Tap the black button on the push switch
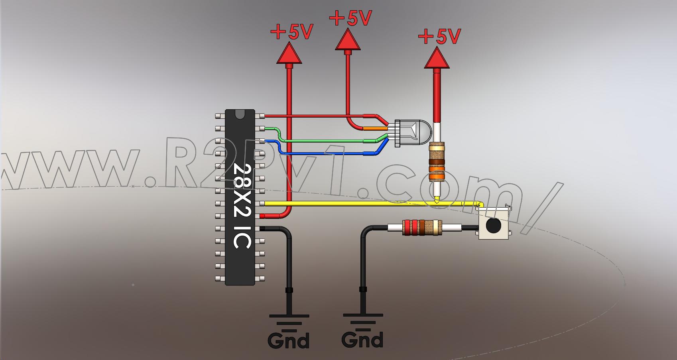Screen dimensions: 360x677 493,226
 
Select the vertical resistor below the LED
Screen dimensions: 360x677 437,162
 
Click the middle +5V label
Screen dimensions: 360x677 351,18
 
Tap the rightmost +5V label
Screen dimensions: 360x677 439,37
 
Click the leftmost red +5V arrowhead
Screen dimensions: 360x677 289,54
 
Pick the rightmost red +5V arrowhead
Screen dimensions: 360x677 437,59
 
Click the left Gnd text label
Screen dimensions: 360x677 288,341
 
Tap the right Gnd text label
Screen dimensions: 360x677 362,339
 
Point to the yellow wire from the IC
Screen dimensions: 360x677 359,203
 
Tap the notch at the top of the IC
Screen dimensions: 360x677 240,114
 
